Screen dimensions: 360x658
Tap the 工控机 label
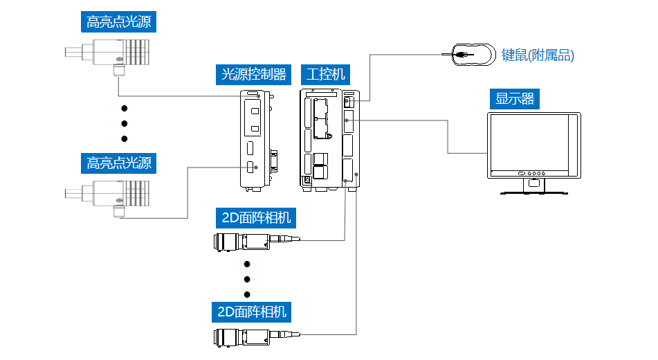click(x=326, y=74)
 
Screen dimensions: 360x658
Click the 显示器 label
click(x=515, y=99)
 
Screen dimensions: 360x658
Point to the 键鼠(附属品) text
click(x=538, y=55)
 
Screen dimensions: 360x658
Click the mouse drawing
click(x=473, y=54)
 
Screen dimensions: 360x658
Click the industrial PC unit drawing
click(x=329, y=138)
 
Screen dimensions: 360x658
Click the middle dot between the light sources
click(x=125, y=124)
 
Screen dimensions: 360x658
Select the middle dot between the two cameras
click(x=247, y=279)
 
